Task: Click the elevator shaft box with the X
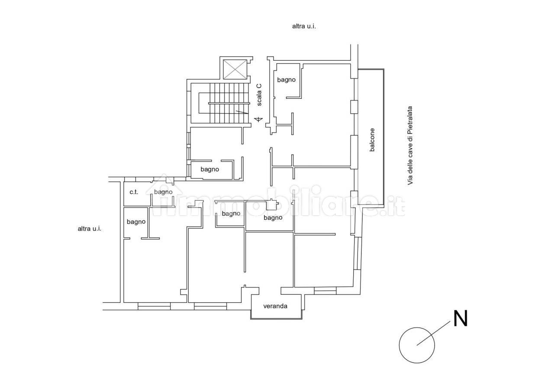(x=235, y=69)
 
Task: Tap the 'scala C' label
(x=259, y=95)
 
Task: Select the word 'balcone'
(x=372, y=140)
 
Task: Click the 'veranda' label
(x=275, y=306)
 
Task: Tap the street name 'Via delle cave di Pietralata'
(x=410, y=146)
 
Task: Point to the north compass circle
(x=417, y=345)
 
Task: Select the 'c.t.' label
(x=134, y=192)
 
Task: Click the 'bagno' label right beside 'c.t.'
(x=163, y=192)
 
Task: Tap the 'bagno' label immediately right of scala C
(x=286, y=80)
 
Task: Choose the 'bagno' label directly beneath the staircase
(x=209, y=169)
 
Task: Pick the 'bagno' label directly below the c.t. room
(x=136, y=222)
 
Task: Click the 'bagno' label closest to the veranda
(x=273, y=218)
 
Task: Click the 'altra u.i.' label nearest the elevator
(x=304, y=26)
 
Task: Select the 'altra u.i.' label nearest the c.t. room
(x=89, y=229)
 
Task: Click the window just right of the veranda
(x=325, y=291)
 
